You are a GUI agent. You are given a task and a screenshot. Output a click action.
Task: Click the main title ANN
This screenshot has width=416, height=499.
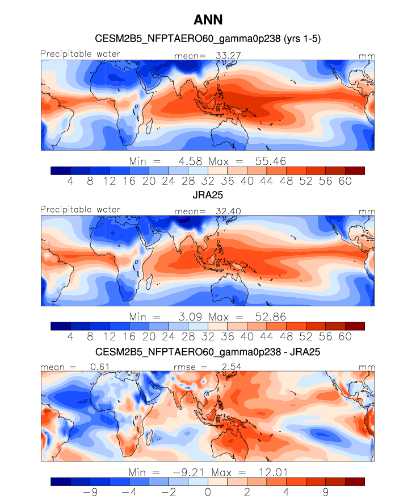[208, 20]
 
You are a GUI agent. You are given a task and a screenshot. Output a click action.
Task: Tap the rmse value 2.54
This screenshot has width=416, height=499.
[231, 367]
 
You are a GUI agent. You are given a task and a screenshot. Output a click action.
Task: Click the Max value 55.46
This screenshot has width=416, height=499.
[267, 161]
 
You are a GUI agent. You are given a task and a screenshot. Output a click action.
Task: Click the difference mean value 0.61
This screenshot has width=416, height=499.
[99, 367]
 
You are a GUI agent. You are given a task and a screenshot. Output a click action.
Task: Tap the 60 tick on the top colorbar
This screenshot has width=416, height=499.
[344, 181]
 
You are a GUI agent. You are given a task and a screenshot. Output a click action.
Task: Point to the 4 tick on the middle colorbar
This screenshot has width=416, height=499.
[70, 336]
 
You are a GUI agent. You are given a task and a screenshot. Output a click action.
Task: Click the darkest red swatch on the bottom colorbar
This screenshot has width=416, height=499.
[354, 482]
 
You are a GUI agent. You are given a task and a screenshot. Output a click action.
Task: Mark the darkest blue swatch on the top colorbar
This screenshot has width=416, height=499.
[60, 170]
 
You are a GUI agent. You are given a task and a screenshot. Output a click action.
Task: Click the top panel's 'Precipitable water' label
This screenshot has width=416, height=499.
[80, 53]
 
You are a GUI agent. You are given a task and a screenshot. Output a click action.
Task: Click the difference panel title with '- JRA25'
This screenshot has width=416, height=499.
[208, 352]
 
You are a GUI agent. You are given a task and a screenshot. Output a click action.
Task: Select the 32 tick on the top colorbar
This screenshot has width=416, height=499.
[208, 181]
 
